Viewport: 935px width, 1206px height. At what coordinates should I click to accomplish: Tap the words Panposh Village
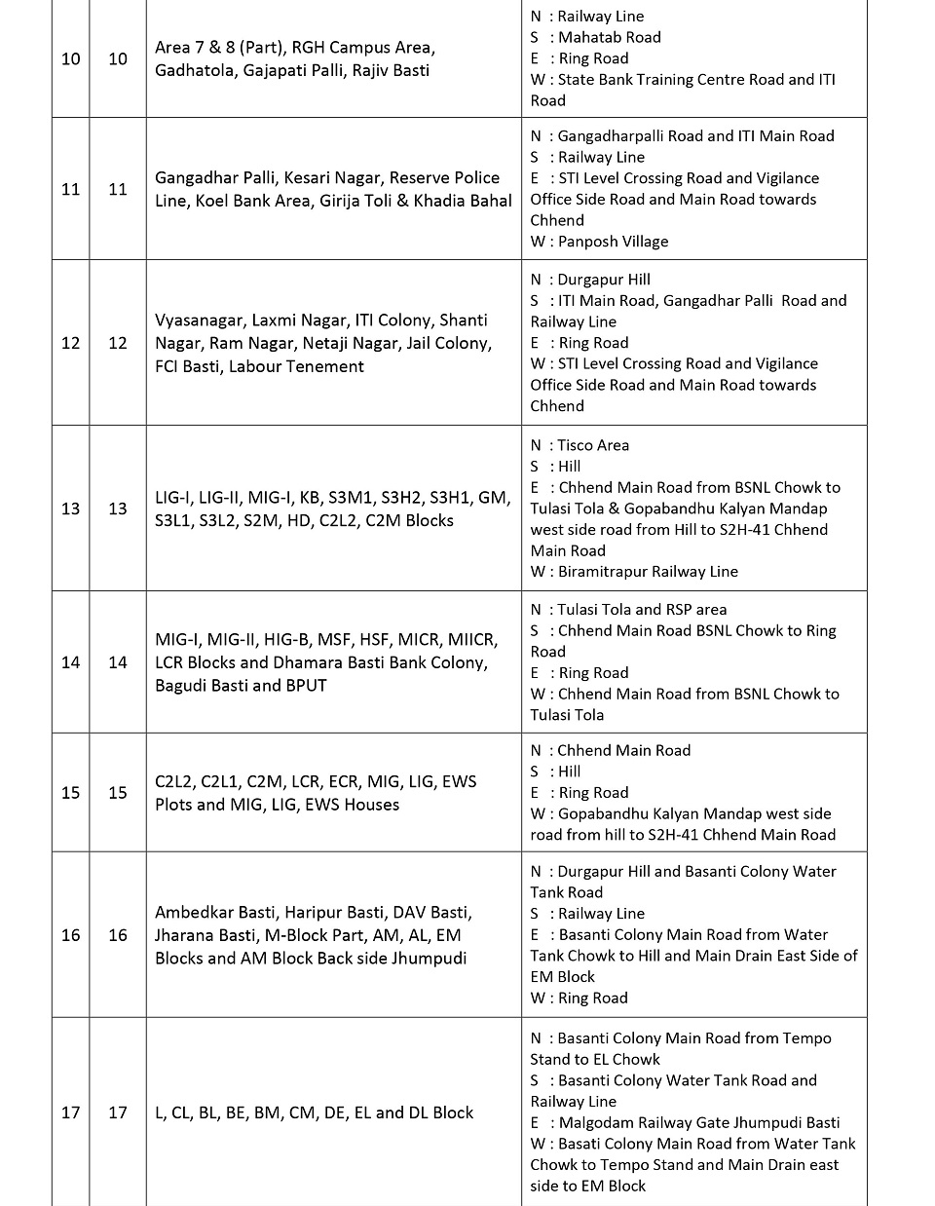click(613, 242)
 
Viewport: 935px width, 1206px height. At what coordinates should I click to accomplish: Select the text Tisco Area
click(593, 445)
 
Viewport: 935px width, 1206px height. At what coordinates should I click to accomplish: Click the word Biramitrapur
click(604, 572)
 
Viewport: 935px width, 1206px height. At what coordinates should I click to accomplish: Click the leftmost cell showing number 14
click(70, 662)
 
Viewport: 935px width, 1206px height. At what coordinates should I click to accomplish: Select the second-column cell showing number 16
click(118, 935)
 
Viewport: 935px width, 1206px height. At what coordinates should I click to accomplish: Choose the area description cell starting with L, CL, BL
click(314, 1112)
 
